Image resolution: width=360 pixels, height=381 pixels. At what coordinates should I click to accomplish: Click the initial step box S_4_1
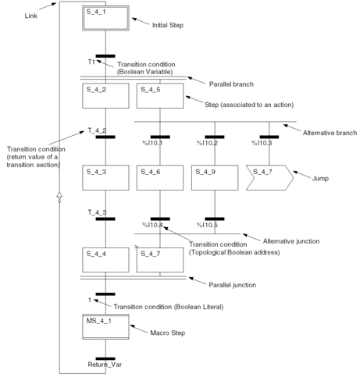coord(105,18)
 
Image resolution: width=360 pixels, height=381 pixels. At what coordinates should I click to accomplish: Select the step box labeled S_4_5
coord(160,96)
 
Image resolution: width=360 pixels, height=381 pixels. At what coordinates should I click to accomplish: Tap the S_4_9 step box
coord(215,177)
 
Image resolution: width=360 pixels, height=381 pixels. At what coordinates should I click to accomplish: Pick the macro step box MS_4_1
coord(105,327)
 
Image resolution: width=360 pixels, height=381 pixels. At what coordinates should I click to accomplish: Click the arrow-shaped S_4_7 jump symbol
coord(269,177)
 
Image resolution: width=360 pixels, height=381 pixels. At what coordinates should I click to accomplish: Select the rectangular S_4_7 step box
coord(160,260)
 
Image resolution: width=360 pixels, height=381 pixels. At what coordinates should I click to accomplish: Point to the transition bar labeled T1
coord(105,56)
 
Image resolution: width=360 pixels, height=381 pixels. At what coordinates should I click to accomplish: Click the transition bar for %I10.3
coord(269,137)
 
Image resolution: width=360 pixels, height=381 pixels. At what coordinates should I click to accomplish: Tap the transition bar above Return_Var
coord(105,358)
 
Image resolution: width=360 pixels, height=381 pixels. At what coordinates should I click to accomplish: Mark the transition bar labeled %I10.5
coord(215,219)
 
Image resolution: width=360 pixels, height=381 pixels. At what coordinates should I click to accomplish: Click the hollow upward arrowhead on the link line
coord(59,197)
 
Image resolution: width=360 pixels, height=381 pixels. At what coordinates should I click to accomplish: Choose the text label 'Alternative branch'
coord(330,133)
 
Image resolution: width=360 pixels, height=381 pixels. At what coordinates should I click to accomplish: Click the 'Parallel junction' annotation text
coord(233,285)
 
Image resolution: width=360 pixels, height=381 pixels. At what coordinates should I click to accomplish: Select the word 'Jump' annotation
coord(320,179)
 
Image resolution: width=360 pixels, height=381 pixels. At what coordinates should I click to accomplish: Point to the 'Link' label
coord(31,16)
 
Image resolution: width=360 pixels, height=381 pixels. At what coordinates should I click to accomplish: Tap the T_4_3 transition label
coord(97,212)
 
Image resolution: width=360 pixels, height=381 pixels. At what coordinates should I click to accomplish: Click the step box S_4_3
coord(105,177)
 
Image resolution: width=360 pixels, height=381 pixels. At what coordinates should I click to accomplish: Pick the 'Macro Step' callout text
coord(168,333)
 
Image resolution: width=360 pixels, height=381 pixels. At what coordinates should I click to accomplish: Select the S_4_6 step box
coord(160,177)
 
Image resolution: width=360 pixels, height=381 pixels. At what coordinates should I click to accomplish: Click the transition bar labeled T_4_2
coord(105,137)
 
